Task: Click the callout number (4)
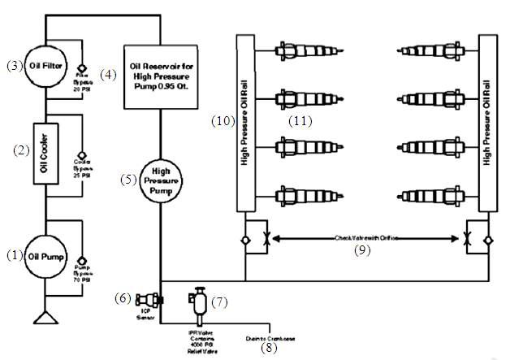coord(108,74)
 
